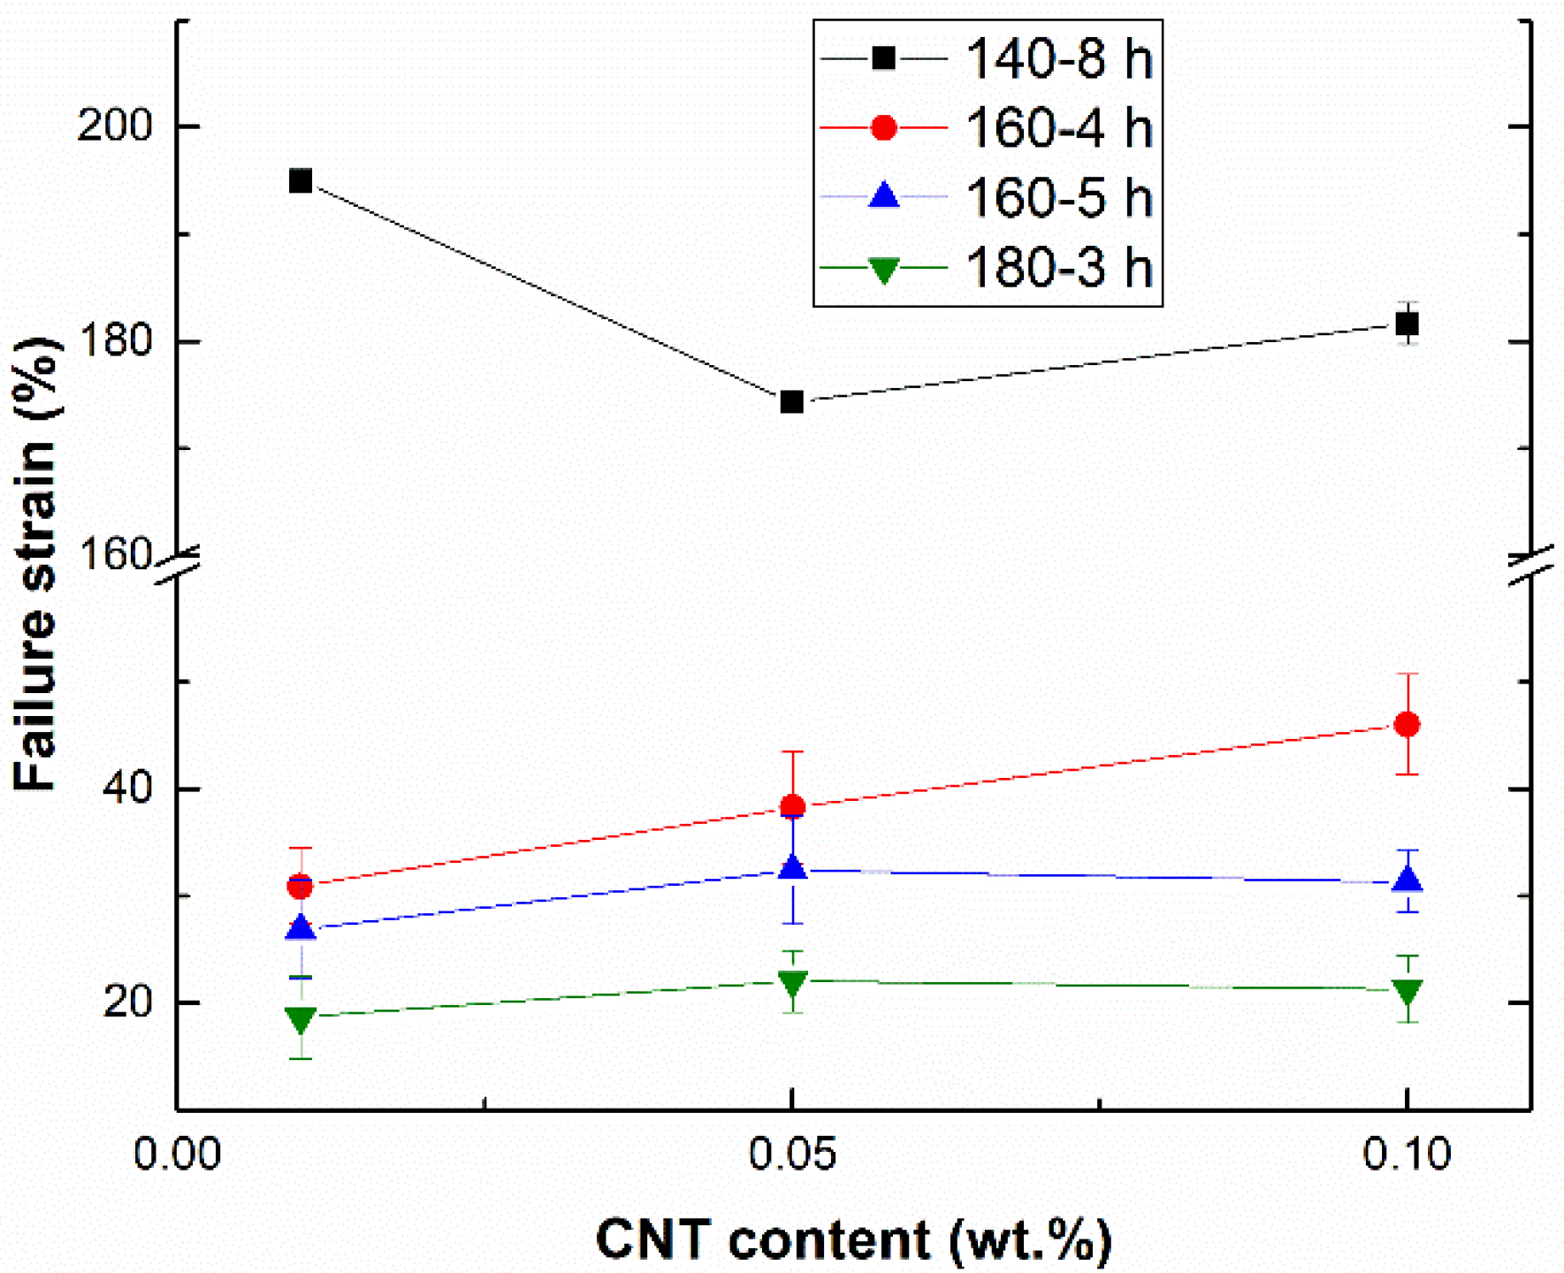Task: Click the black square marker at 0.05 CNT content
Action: click(x=791, y=402)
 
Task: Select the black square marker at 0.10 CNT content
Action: click(x=1407, y=324)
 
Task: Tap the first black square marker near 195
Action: click(x=301, y=181)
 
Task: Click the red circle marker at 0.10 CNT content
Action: click(x=1407, y=725)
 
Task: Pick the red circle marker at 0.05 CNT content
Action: click(x=792, y=806)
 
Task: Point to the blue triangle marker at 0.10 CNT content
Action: click(x=1407, y=880)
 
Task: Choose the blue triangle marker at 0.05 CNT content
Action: click(x=793, y=867)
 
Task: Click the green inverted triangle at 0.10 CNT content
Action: click(x=1407, y=992)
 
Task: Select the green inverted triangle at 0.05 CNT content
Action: click(x=793, y=982)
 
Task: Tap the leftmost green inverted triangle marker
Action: click(x=301, y=1019)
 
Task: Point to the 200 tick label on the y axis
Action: click(x=115, y=126)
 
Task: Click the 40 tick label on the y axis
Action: click(x=128, y=789)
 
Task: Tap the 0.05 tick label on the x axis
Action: click(x=791, y=1155)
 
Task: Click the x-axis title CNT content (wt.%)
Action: click(x=853, y=1239)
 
